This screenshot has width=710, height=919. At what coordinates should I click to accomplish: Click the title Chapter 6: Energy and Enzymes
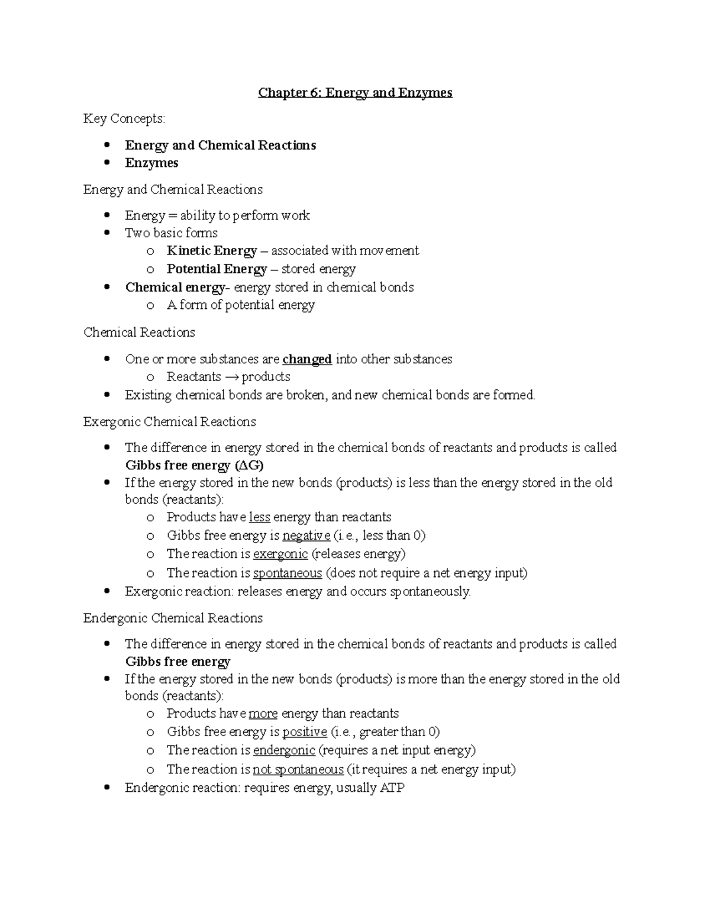(x=355, y=93)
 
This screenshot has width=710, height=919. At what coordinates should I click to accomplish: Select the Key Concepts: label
(x=124, y=119)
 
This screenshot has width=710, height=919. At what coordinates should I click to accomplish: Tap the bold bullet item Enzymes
(x=151, y=163)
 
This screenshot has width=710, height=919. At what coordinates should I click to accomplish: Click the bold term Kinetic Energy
(x=212, y=251)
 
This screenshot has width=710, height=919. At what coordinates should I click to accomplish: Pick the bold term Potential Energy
(x=217, y=269)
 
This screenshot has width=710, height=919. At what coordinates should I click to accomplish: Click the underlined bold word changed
(x=307, y=359)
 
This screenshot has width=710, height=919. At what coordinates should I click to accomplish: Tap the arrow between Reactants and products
(x=231, y=377)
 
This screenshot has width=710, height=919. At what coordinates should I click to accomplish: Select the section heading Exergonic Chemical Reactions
(x=170, y=422)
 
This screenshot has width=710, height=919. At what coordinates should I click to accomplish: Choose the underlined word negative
(x=306, y=536)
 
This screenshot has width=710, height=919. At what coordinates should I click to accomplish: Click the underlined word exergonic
(x=280, y=554)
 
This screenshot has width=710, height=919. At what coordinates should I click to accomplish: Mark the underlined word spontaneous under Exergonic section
(x=288, y=573)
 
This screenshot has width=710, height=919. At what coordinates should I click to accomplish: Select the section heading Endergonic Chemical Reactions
(x=173, y=618)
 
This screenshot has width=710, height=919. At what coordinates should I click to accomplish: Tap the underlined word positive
(x=305, y=732)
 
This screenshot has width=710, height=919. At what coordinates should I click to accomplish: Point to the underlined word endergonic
(x=284, y=750)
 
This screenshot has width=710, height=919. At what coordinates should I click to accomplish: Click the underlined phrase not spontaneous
(x=298, y=769)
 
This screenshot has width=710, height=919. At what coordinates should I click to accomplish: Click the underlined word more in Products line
(x=263, y=714)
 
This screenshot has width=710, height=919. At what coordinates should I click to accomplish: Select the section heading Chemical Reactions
(x=139, y=333)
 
